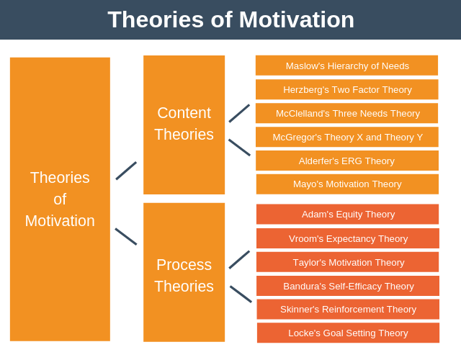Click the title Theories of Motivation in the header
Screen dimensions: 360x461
click(230, 19)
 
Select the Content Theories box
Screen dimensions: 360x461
click(184, 124)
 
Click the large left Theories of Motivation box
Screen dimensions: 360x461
click(60, 199)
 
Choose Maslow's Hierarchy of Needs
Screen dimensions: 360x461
click(346, 66)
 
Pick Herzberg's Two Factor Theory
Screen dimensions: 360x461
click(346, 89)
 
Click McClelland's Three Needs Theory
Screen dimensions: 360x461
click(346, 113)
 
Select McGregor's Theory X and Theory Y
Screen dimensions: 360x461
click(346, 137)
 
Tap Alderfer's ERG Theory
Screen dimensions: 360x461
click(346, 161)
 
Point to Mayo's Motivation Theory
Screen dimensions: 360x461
click(346, 184)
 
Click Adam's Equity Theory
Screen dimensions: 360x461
click(347, 214)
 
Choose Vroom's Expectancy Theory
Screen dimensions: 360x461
click(347, 238)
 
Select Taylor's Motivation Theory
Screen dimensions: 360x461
click(347, 262)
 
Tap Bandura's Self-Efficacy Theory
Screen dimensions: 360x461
click(347, 286)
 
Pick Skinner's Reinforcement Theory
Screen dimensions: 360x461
click(347, 309)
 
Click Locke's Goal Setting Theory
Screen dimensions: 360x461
click(347, 333)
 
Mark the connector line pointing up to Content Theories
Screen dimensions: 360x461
click(126, 171)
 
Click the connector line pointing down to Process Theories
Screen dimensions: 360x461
click(126, 236)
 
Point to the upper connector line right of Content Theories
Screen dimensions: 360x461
click(239, 113)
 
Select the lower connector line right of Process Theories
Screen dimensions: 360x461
click(241, 294)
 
